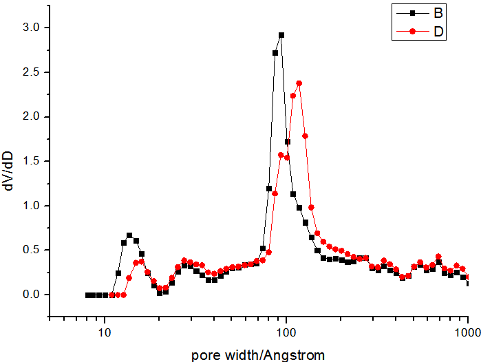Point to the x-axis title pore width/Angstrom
coord(258,354)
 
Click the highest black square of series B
coord(281,35)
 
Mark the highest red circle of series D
coord(299,83)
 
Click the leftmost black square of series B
coord(88,295)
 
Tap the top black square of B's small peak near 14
coord(129,235)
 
